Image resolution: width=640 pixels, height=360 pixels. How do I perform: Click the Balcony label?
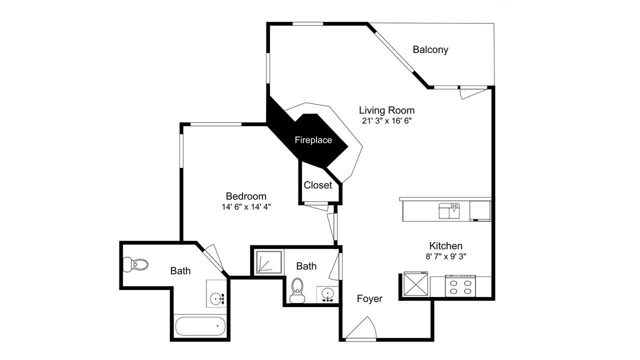[x=430, y=49]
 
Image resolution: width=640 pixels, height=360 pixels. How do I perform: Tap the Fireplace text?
[x=313, y=140]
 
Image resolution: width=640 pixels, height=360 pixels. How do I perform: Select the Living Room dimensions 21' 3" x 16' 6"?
[x=386, y=121]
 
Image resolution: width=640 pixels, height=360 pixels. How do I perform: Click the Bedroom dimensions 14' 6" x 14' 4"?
[x=246, y=206]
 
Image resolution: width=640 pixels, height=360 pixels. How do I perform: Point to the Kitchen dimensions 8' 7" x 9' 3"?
[x=445, y=256]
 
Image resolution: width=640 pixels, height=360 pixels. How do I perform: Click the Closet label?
[x=317, y=185]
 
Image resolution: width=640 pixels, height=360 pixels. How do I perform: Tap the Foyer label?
[x=369, y=299]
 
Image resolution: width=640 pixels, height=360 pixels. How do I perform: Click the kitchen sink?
[x=449, y=211]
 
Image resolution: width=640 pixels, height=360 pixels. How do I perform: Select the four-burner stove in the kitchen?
[x=460, y=286]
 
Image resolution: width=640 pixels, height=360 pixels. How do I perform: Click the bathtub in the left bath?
[x=200, y=326]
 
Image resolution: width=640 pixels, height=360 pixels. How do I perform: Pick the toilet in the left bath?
[x=135, y=264]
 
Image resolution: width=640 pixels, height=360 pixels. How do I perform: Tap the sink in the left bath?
[x=217, y=299]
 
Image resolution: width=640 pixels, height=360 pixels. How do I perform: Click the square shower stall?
[x=269, y=261]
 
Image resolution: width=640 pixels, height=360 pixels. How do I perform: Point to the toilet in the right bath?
[x=297, y=290]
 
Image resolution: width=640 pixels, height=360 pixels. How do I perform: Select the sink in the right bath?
[x=327, y=294]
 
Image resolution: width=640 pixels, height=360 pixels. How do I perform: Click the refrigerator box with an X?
[x=415, y=283]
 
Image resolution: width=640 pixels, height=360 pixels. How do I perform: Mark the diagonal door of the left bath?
[x=213, y=257]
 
